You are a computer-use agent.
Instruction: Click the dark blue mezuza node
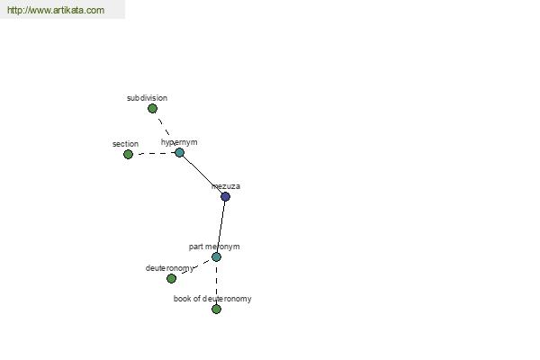tap(225, 197)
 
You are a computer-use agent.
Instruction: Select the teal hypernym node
tap(179, 153)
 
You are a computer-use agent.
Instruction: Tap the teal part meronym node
tap(216, 256)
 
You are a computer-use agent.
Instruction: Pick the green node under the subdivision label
tap(153, 109)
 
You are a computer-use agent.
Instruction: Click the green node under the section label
tap(128, 154)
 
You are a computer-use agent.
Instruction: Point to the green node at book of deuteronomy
tap(216, 309)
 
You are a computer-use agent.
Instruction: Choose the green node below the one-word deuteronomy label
tap(171, 278)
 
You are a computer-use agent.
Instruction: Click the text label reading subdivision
tap(147, 98)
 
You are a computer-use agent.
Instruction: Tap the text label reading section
tap(125, 144)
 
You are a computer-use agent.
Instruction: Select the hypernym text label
tap(179, 142)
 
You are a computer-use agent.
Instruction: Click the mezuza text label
tap(226, 186)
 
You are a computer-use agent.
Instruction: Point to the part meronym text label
tap(214, 247)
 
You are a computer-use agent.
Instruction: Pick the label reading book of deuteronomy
tap(212, 299)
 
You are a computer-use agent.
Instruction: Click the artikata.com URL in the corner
tap(56, 10)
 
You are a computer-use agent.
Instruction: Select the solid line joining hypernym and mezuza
tap(202, 175)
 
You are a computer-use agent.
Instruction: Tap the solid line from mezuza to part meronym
tap(220, 227)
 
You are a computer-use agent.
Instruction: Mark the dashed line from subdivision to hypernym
tap(165, 127)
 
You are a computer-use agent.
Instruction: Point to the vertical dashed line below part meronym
tap(216, 283)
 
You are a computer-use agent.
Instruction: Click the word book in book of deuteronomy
tap(182, 299)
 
